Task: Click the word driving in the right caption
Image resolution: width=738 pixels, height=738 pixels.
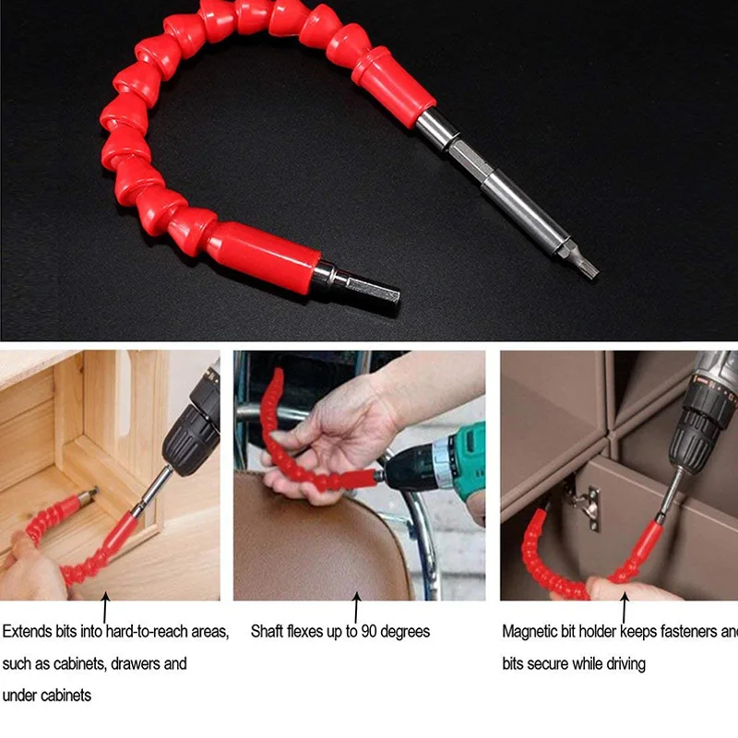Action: (x=623, y=663)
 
